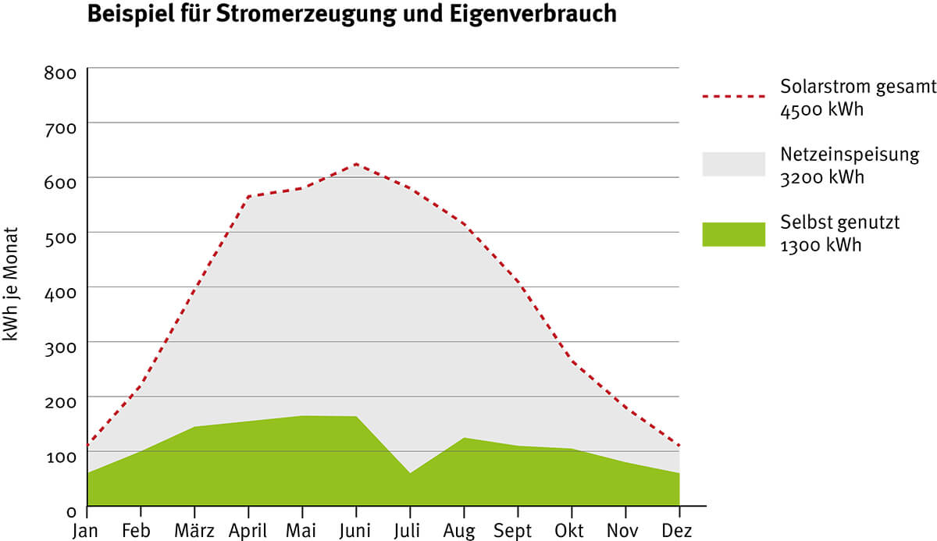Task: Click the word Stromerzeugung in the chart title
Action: (x=313, y=15)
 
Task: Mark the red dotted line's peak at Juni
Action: (x=356, y=164)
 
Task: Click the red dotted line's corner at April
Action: (x=248, y=197)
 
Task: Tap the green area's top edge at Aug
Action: (x=464, y=438)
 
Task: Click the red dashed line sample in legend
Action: (x=733, y=97)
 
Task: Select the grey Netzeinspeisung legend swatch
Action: (x=733, y=164)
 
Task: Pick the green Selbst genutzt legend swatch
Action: (x=733, y=233)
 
